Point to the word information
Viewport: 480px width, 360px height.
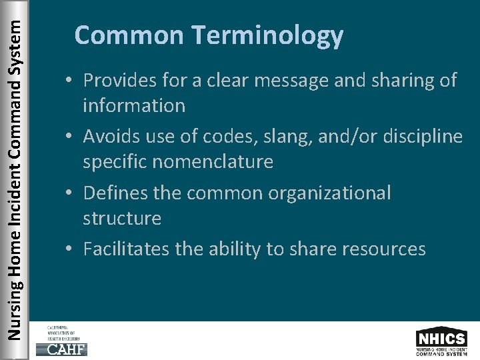coord(134,105)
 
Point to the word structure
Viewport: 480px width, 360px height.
coord(122,218)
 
